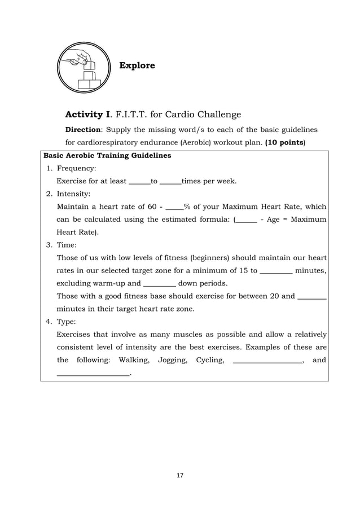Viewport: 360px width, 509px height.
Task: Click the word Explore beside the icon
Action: tap(137, 66)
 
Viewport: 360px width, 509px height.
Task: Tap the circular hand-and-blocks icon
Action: tap(82, 68)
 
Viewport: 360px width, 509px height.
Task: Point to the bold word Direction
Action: tap(83, 129)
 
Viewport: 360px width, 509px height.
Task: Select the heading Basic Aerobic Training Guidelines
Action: tap(107, 155)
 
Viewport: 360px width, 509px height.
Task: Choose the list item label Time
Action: tap(70, 245)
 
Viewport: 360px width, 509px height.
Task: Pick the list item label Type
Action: tap(70, 322)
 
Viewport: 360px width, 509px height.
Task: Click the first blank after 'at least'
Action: tap(140, 182)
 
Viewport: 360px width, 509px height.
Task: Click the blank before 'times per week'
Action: tap(170, 182)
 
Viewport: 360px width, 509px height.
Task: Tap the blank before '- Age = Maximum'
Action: tap(247, 220)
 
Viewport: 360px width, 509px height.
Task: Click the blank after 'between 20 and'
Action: tap(312, 296)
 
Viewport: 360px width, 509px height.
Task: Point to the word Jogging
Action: tap(173, 360)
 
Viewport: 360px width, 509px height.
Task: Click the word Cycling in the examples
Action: tap(209, 360)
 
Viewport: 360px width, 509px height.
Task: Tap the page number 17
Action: tap(180, 476)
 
